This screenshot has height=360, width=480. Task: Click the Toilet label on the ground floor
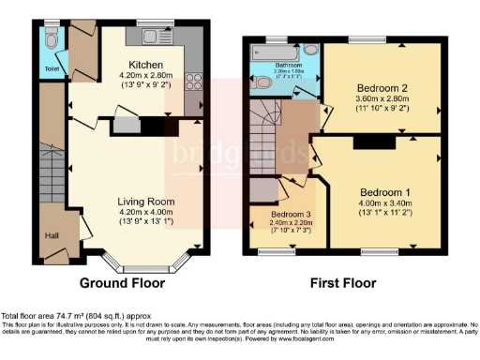pyautogui.click(x=52, y=68)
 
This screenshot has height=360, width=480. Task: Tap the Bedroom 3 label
pyautogui.click(x=288, y=215)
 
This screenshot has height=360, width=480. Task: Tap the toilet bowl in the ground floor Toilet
pyautogui.click(x=51, y=40)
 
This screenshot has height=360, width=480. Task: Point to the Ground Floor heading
pyautogui.click(x=122, y=282)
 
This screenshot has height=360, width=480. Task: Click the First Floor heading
pyautogui.click(x=344, y=282)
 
